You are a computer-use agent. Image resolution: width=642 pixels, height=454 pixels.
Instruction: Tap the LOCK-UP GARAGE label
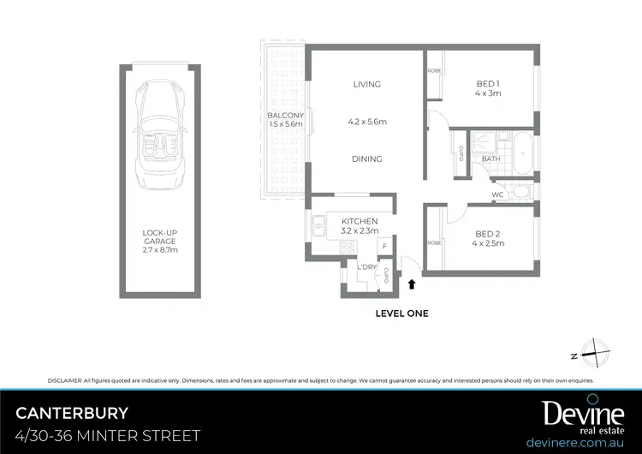click(x=161, y=236)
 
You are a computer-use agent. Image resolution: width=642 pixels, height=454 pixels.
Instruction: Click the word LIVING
click(x=366, y=85)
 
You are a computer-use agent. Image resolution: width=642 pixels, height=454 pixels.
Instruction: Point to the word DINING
click(x=366, y=158)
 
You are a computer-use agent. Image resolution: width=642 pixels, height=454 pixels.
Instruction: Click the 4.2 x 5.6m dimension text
click(x=366, y=122)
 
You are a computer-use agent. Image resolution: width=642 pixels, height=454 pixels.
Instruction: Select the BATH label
click(x=490, y=158)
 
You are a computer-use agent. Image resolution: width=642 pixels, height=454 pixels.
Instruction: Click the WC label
click(x=497, y=195)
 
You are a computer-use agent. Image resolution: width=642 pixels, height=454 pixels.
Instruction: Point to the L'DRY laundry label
click(x=366, y=267)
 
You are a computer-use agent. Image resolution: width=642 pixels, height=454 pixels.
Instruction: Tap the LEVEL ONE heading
click(x=401, y=314)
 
